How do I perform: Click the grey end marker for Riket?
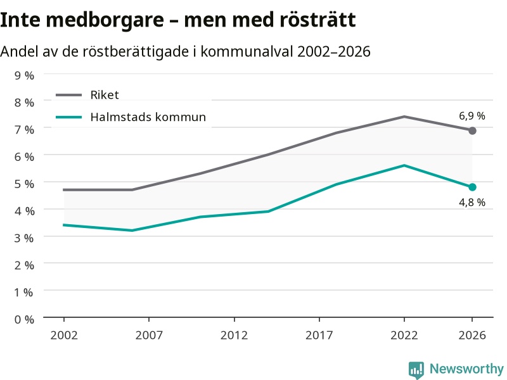pos(472,131)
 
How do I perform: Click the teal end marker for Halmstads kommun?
pos(472,187)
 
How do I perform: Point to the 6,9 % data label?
pos(472,116)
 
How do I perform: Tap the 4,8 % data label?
pos(472,202)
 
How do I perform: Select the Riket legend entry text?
pos(105,95)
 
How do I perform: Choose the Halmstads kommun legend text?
pos(148,117)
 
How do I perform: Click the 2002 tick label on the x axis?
pos(64,335)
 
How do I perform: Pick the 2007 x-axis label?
pos(149,335)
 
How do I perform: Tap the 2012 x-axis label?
pos(234,335)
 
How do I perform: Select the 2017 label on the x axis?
pos(319,335)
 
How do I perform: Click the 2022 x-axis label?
pos(404,335)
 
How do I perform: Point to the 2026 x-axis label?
pos(472,335)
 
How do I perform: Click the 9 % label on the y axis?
pos(24,75)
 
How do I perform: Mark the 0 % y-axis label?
pos(24,320)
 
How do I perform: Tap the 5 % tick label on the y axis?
pos(24,184)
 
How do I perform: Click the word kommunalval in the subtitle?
pos(247,52)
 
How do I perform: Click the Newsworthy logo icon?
pos(416,370)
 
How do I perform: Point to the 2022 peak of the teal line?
pos(404,165)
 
